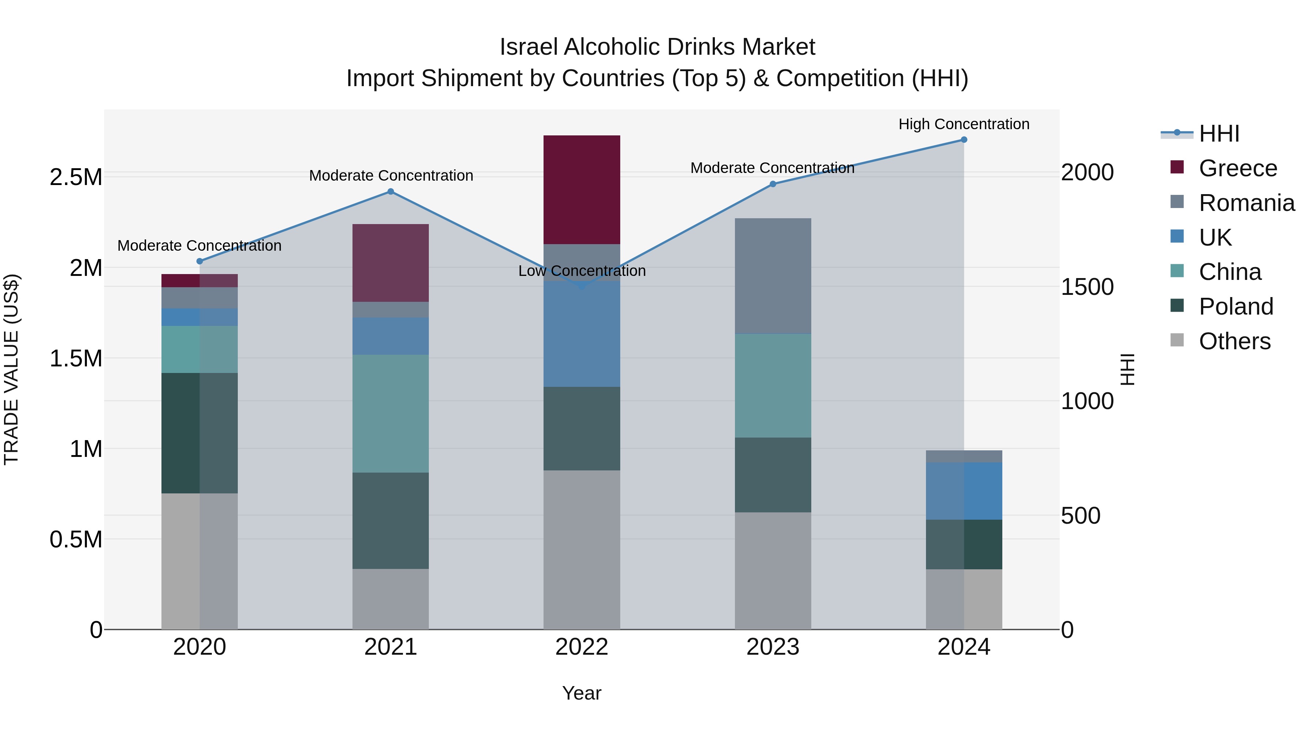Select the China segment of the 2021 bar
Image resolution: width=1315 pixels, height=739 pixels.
[390, 413]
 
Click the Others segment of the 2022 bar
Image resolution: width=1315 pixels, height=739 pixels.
[582, 550]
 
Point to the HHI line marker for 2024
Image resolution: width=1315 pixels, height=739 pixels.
[964, 140]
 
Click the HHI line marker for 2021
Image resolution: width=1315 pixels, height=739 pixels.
[390, 192]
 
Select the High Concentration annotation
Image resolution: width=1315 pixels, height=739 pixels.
[964, 124]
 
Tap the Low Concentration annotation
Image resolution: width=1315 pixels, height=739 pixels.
[582, 271]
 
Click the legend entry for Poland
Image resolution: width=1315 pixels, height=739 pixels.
[1235, 307]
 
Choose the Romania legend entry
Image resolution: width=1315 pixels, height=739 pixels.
[1246, 203]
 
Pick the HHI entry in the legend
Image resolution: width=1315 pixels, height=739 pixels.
[1219, 134]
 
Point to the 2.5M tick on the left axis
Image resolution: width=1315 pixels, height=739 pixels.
[76, 177]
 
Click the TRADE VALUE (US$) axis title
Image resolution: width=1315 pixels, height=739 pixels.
[11, 369]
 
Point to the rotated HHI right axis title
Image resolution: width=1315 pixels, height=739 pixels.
[1127, 369]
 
